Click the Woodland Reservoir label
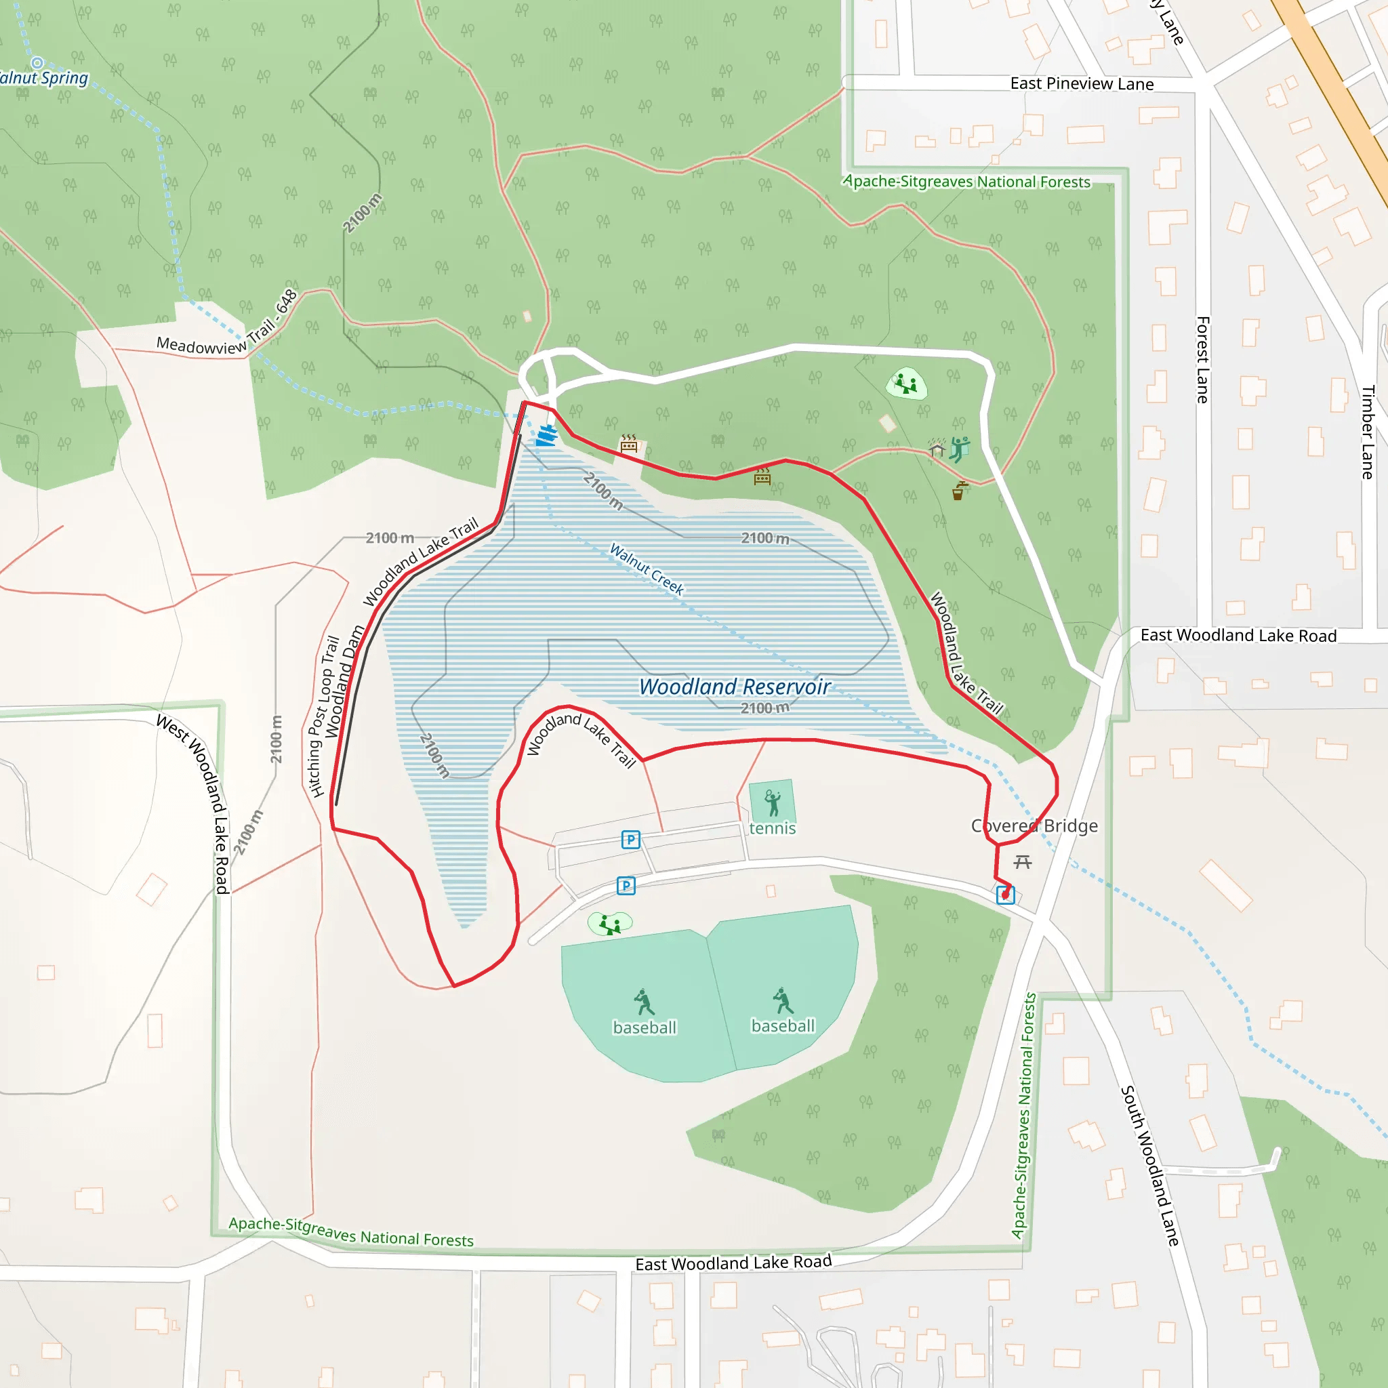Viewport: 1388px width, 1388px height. click(x=734, y=687)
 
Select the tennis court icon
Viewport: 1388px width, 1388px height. click(x=773, y=803)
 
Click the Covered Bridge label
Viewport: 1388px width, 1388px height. click(x=1034, y=825)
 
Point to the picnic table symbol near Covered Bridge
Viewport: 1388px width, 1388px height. click(x=1022, y=861)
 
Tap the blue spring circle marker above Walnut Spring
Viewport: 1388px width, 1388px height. click(x=37, y=63)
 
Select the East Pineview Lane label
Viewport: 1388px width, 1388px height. click(x=1081, y=83)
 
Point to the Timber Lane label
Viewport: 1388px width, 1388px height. click(x=1367, y=432)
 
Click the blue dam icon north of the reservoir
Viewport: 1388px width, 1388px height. click(x=548, y=435)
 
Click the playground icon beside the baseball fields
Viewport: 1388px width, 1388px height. click(x=610, y=923)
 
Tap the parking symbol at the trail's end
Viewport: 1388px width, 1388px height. click(x=1005, y=895)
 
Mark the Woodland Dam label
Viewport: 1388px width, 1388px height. click(x=344, y=681)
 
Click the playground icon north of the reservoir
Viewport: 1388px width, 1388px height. click(x=906, y=384)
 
